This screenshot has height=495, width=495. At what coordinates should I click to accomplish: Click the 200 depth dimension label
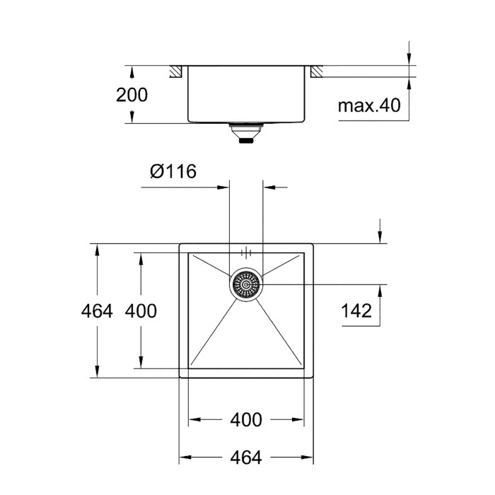pyautogui.click(x=132, y=95)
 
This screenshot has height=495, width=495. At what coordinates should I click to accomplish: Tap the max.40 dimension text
pyautogui.click(x=369, y=105)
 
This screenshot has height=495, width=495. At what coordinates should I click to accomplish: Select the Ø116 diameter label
pyautogui.click(x=173, y=171)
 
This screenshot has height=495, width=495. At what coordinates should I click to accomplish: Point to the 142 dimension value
pyautogui.click(x=356, y=311)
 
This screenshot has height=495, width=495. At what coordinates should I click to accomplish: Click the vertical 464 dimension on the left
pyautogui.click(x=97, y=311)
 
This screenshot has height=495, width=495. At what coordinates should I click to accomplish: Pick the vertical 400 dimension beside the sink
pyautogui.click(x=141, y=311)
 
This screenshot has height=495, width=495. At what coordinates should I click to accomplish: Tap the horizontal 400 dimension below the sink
pyautogui.click(x=246, y=420)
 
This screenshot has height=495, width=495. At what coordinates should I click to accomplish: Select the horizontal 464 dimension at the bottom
pyautogui.click(x=246, y=457)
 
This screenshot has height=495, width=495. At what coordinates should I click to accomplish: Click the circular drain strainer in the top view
pyautogui.click(x=246, y=285)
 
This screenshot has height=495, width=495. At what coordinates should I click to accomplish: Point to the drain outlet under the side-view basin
pyautogui.click(x=246, y=133)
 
